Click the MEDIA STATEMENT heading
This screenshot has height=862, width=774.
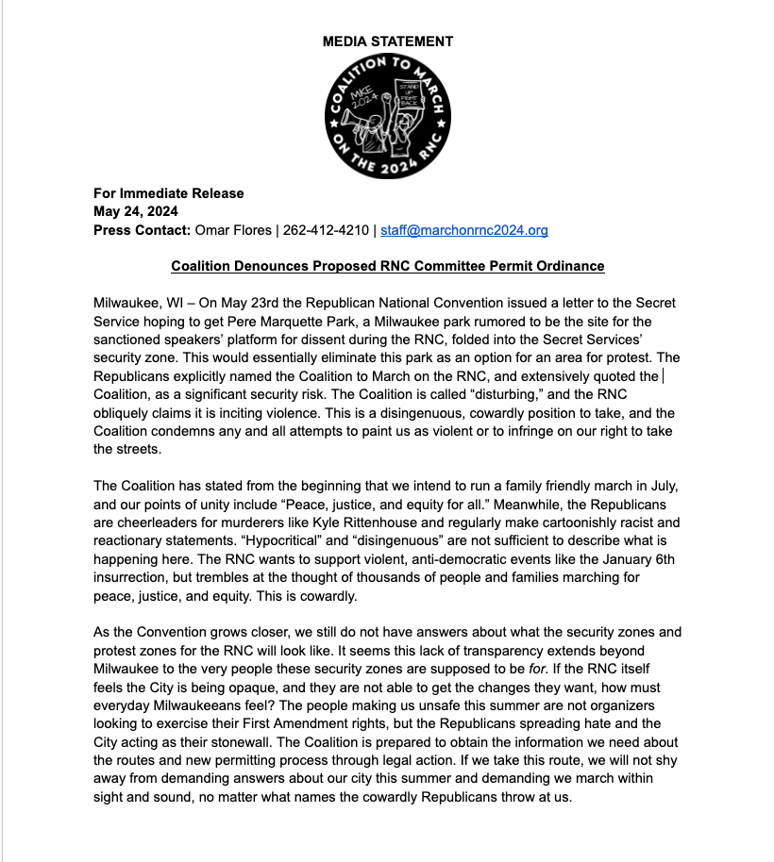387,41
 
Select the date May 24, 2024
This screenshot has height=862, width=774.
136,211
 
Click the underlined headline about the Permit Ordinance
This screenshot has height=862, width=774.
387,266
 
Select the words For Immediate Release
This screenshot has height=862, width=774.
168,193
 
